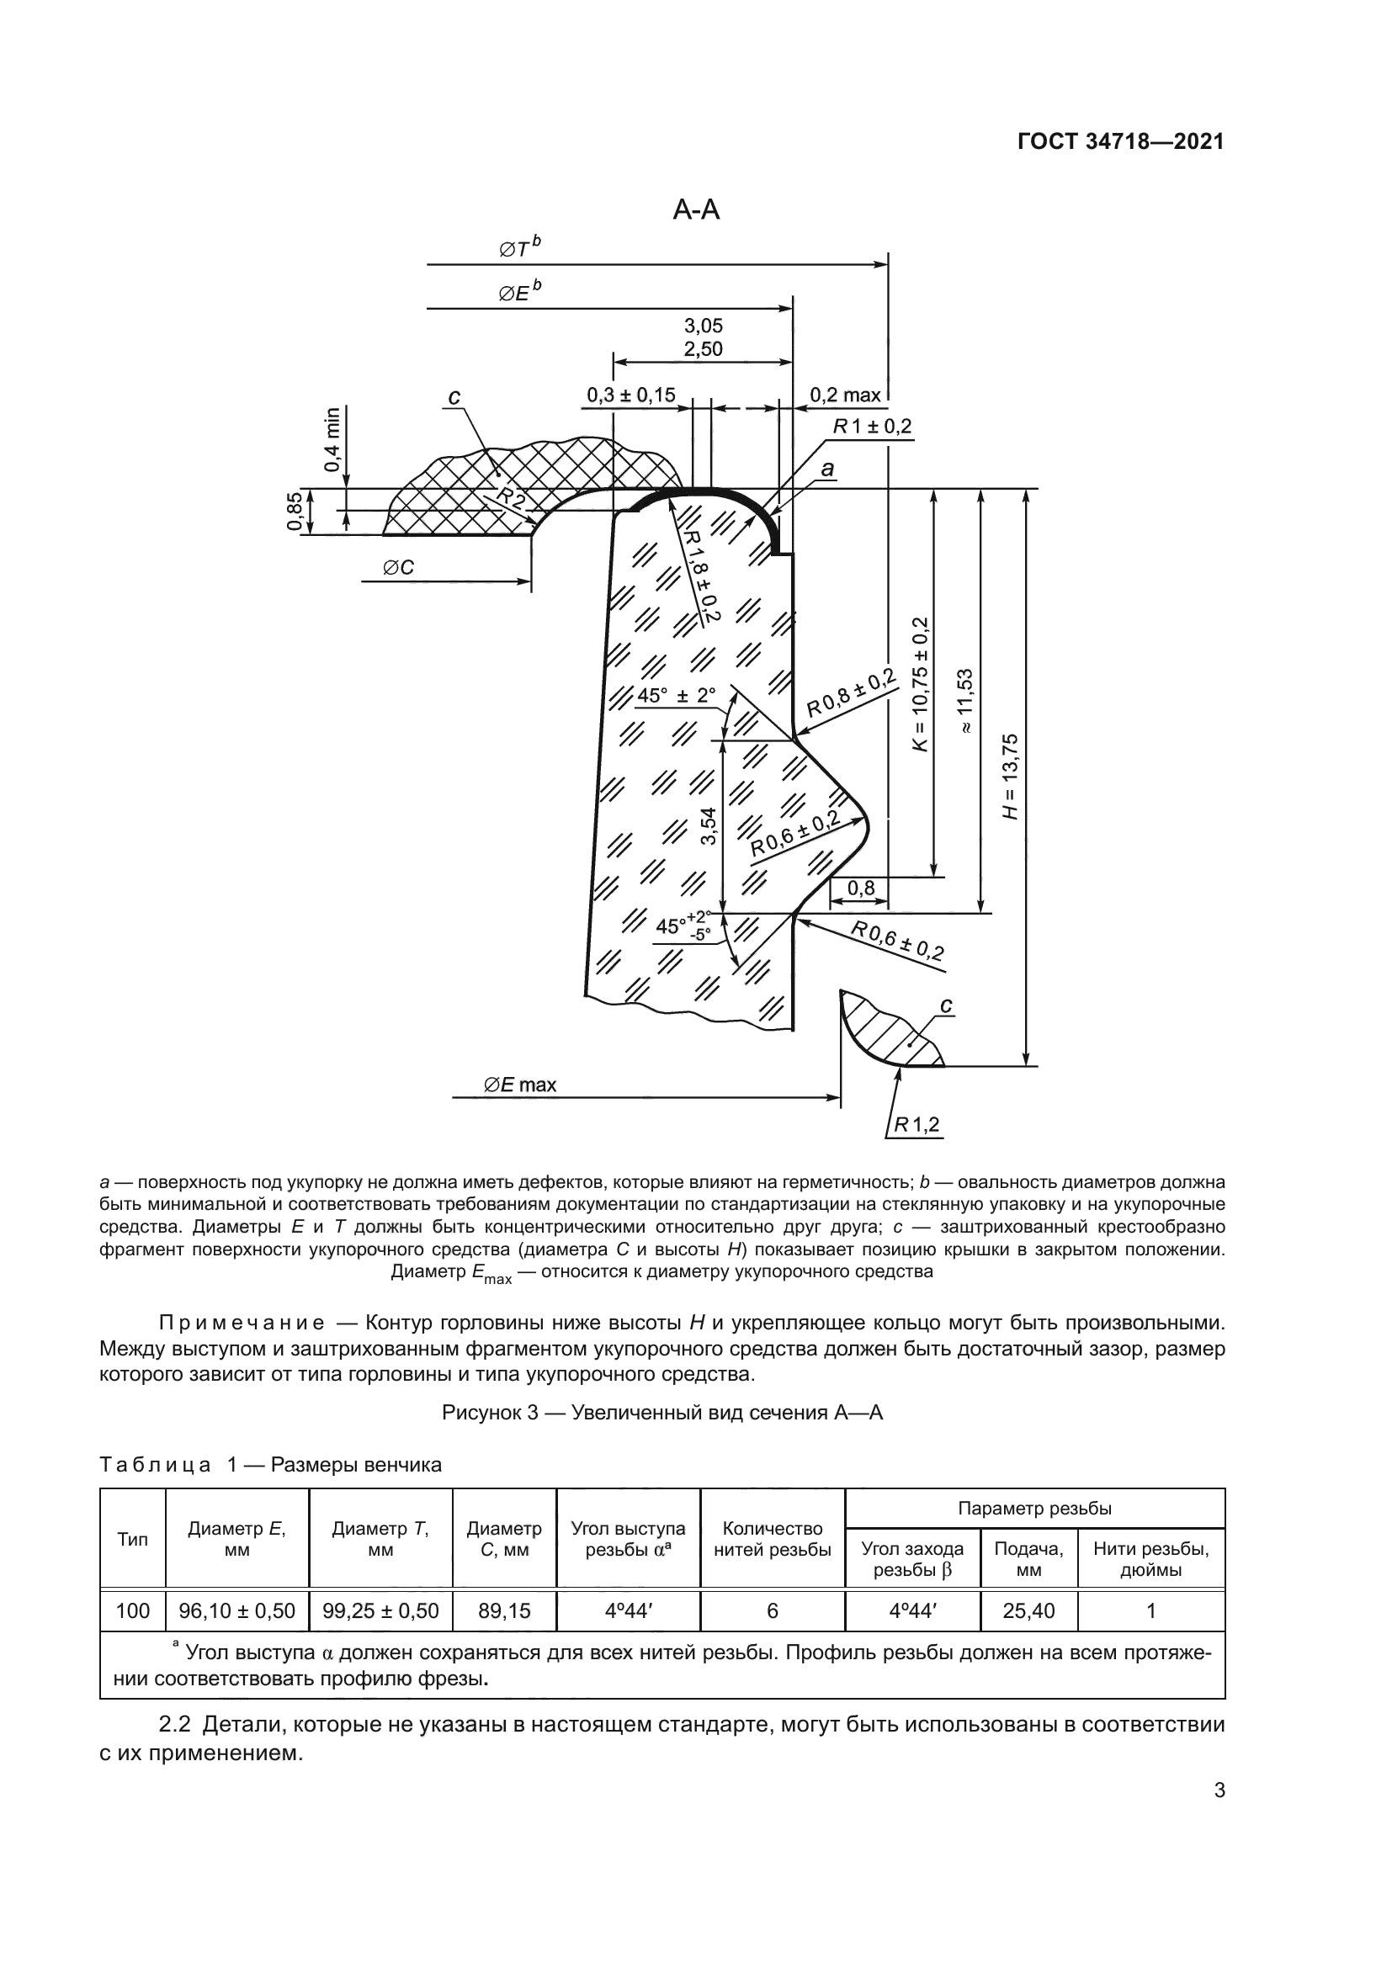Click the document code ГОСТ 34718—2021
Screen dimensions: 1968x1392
pos(1120,142)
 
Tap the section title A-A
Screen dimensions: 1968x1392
pos(696,210)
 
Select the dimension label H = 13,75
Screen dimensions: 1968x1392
pos(1012,777)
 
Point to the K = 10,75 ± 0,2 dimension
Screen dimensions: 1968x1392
pos(921,685)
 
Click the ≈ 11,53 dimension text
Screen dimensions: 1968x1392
pos(966,700)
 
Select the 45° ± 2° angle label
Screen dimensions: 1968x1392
pos(677,695)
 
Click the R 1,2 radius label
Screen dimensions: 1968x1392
pos(916,1125)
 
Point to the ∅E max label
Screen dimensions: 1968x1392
pos(520,1085)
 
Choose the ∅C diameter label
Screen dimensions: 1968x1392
pos(399,567)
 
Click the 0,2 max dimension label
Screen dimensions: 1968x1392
pos(845,395)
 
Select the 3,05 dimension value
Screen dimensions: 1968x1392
pos(703,326)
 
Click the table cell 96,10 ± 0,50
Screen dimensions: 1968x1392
pos(236,1610)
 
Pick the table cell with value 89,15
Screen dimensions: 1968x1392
pos(504,1610)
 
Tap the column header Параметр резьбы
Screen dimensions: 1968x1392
pos(1034,1509)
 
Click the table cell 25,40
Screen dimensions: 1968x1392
pos(1028,1610)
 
